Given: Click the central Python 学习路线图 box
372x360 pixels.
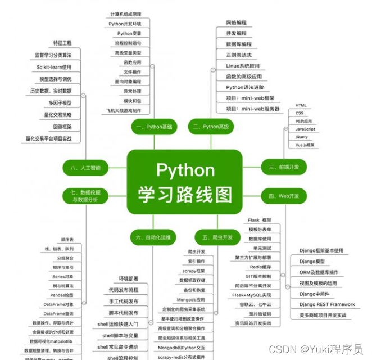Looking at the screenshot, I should click(185, 182).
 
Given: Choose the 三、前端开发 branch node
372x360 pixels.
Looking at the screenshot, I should click(284, 166).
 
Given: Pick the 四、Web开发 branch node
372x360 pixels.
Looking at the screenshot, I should click(284, 196).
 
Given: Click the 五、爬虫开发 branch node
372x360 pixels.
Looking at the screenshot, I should click(214, 237).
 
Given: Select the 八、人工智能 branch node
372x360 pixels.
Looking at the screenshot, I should click(85, 167).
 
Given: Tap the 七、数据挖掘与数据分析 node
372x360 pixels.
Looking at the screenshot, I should click(85, 196).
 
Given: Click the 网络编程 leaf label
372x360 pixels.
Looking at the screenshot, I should click(236, 23).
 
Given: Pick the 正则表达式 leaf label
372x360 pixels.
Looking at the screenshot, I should click(239, 55).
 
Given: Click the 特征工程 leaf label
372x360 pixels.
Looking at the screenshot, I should click(62, 43).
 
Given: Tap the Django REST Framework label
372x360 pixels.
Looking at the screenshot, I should click(327, 304).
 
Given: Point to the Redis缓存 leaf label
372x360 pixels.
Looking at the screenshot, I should click(261, 267).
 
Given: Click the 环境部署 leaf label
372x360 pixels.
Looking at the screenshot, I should click(128, 278).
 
